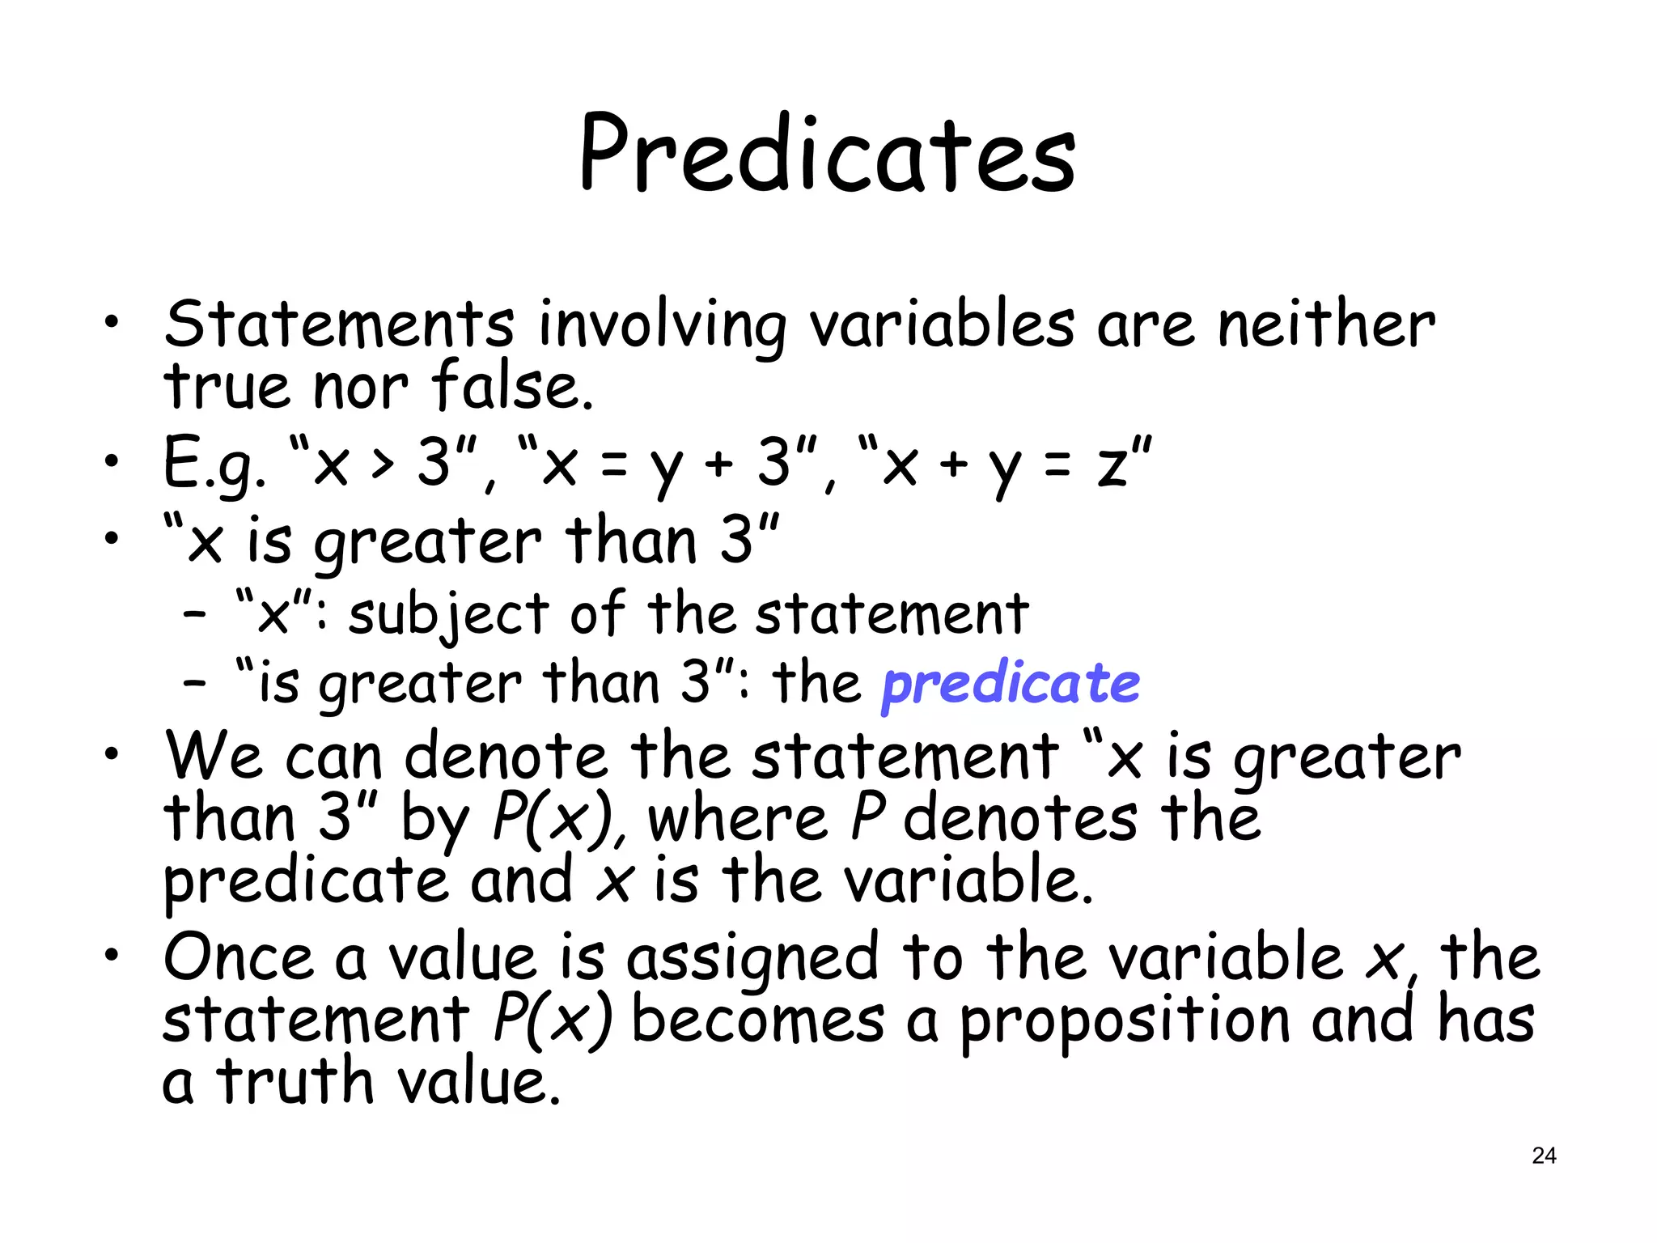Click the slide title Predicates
coord(827,155)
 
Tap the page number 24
coord(1544,1156)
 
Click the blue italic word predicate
coord(1011,684)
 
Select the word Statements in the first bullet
coord(339,325)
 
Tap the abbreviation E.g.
coord(214,464)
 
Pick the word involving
coord(662,326)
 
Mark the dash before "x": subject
coord(195,615)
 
